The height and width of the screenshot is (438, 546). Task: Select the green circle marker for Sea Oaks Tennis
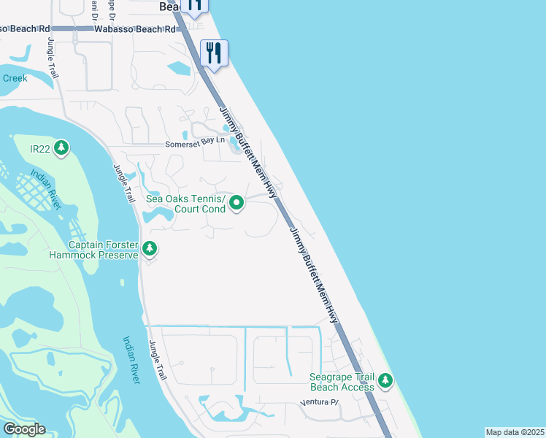pos(237,203)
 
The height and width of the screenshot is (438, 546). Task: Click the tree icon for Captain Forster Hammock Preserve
pos(150,249)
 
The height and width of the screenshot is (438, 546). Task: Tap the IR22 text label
pos(39,149)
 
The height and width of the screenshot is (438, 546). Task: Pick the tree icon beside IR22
pos(61,148)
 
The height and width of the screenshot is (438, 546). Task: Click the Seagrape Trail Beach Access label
pos(342,382)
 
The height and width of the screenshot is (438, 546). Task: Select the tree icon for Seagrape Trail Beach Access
pos(385,380)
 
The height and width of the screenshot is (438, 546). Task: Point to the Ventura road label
pos(320,403)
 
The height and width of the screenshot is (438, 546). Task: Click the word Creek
pos(15,78)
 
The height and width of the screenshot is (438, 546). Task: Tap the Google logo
pos(23,429)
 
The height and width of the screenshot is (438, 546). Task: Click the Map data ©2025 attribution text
pos(515,432)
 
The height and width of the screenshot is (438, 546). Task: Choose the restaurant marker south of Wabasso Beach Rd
pos(214,53)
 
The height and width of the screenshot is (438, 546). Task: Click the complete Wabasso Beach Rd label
pos(136,29)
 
